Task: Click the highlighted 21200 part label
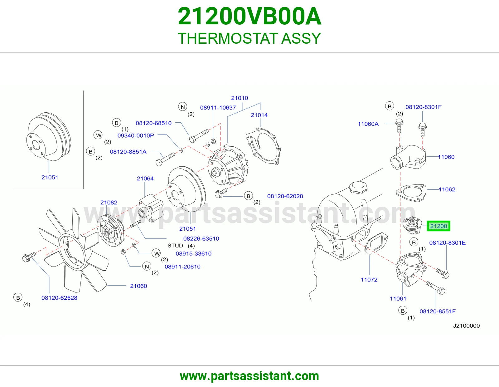(438, 226)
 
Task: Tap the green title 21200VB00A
(249, 16)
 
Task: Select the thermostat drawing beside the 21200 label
(412, 225)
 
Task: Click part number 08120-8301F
(424, 107)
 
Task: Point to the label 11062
(447, 189)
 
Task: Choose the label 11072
(369, 279)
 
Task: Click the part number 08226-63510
(201, 238)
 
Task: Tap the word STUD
(175, 245)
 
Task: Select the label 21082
(109, 203)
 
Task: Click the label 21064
(145, 178)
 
